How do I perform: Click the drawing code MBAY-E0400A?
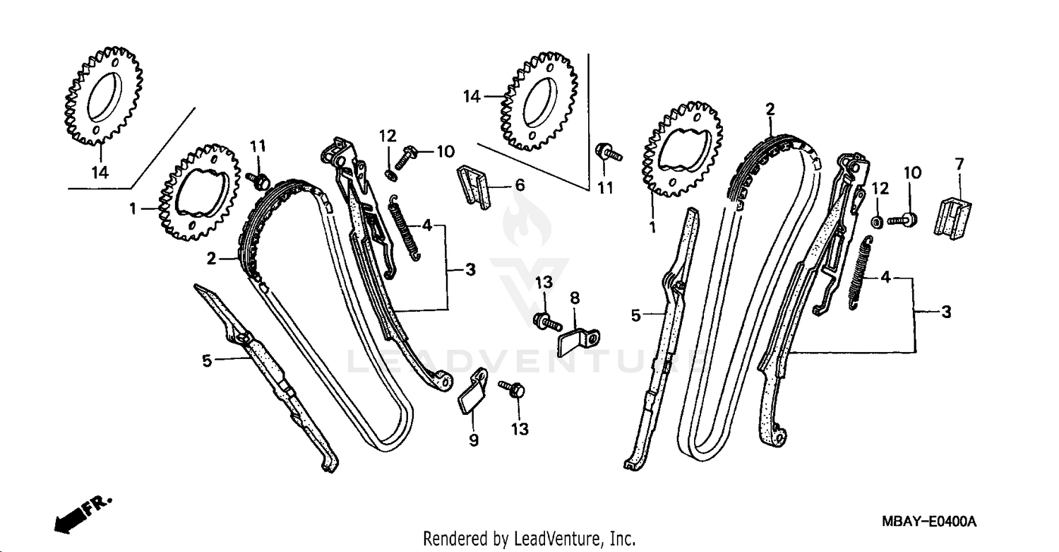pyautogui.click(x=928, y=522)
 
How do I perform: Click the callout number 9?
pyautogui.click(x=474, y=440)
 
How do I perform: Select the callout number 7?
pyautogui.click(x=959, y=165)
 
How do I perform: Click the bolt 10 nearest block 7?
pyautogui.click(x=904, y=219)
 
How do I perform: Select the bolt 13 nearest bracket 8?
pyautogui.click(x=547, y=322)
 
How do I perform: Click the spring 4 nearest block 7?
pyautogui.click(x=861, y=276)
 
